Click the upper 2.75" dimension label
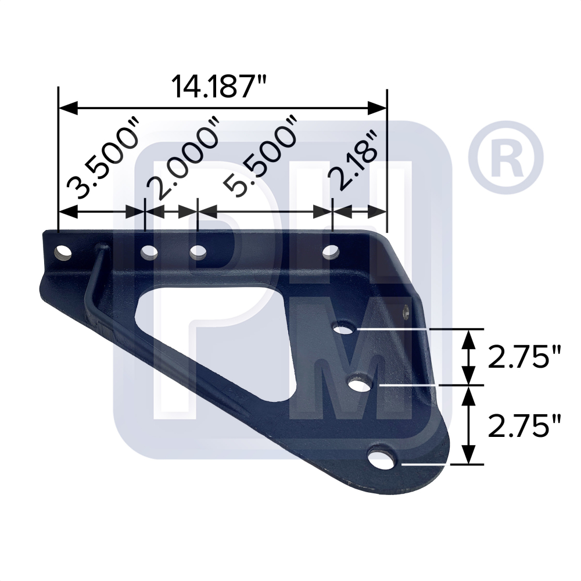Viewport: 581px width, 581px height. click(x=525, y=357)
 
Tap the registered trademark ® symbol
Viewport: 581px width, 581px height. click(x=505, y=153)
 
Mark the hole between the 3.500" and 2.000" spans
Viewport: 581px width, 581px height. click(x=149, y=253)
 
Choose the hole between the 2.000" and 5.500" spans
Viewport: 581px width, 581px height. click(x=198, y=253)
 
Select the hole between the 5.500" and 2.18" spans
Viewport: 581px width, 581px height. click(x=331, y=253)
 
